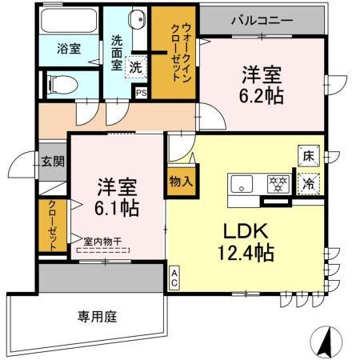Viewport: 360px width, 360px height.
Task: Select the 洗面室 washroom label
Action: (116, 52)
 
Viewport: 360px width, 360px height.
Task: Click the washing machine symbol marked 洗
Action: (138, 68)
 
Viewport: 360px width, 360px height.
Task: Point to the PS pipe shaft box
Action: (142, 93)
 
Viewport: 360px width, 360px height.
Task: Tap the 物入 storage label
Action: (181, 182)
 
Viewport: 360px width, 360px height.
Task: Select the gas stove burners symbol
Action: (277, 183)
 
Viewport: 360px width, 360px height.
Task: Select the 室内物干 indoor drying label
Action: (102, 240)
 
